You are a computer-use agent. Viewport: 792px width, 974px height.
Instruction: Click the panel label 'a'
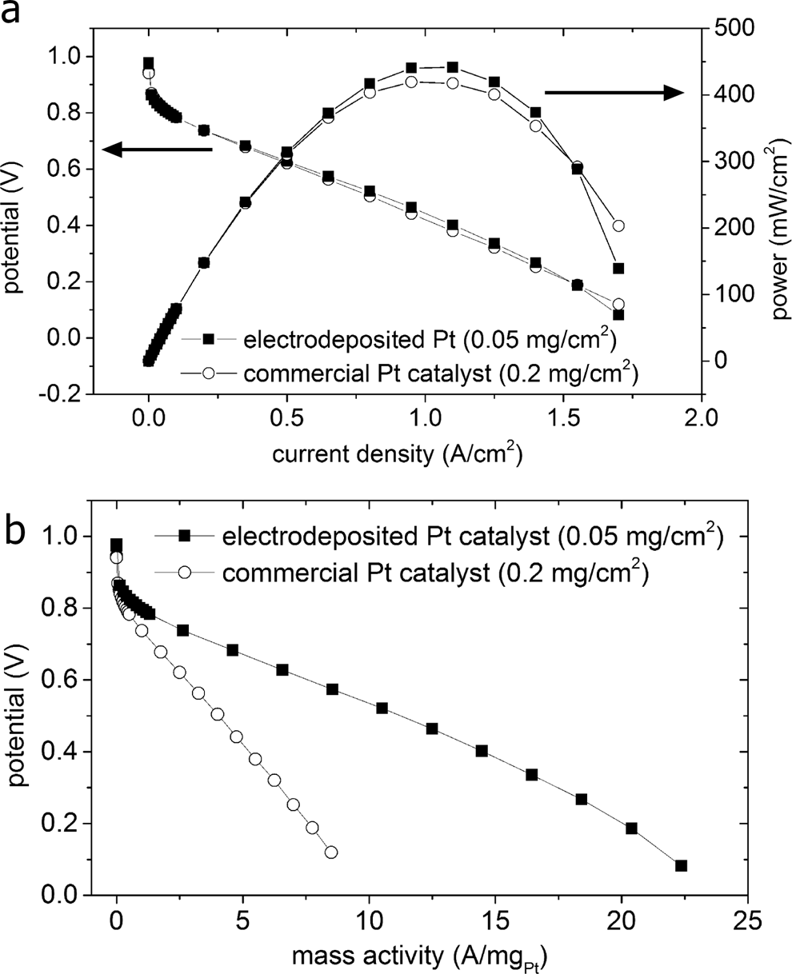click(14, 14)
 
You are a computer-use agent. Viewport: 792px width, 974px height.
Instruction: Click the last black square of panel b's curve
click(681, 865)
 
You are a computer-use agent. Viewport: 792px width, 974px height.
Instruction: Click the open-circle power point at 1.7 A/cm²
click(618, 226)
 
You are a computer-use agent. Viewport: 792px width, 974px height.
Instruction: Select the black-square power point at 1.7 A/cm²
click(618, 268)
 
